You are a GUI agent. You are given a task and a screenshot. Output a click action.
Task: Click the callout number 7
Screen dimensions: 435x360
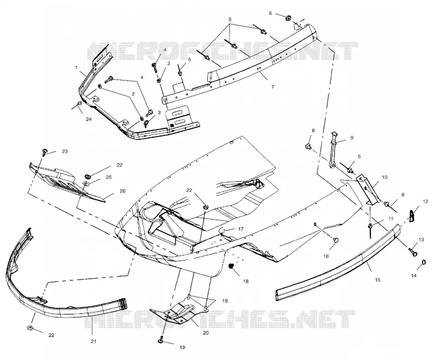pyautogui.click(x=273, y=87)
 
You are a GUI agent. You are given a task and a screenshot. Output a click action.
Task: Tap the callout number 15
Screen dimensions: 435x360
pyautogui.click(x=377, y=280)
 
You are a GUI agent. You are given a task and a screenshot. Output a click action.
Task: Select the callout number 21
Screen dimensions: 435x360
pyautogui.click(x=94, y=341)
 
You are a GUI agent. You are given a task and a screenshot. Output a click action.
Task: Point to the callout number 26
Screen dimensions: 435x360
pyautogui.click(x=122, y=191)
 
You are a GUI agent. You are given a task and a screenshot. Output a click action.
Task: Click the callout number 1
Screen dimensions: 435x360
pyautogui.click(x=76, y=67)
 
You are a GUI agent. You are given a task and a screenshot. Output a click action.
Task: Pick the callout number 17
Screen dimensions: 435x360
pyautogui.click(x=240, y=229)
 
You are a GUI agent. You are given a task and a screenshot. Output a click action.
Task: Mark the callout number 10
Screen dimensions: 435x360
pyautogui.click(x=385, y=177)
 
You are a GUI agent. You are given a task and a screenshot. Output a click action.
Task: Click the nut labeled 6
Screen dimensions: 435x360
pyautogui.click(x=288, y=18)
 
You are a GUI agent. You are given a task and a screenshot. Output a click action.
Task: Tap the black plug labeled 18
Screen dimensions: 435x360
pyautogui.click(x=231, y=266)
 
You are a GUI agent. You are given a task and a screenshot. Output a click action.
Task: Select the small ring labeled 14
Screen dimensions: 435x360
pyautogui.click(x=424, y=263)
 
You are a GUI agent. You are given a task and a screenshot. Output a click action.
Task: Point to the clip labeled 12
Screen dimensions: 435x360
pyautogui.click(x=412, y=214)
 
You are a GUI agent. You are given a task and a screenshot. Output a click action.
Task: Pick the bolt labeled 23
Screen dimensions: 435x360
pyautogui.click(x=45, y=152)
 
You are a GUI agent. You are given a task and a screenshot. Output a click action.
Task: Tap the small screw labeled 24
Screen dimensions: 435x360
pyautogui.click(x=79, y=104)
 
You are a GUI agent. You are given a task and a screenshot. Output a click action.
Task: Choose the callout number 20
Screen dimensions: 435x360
pyautogui.click(x=206, y=333)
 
